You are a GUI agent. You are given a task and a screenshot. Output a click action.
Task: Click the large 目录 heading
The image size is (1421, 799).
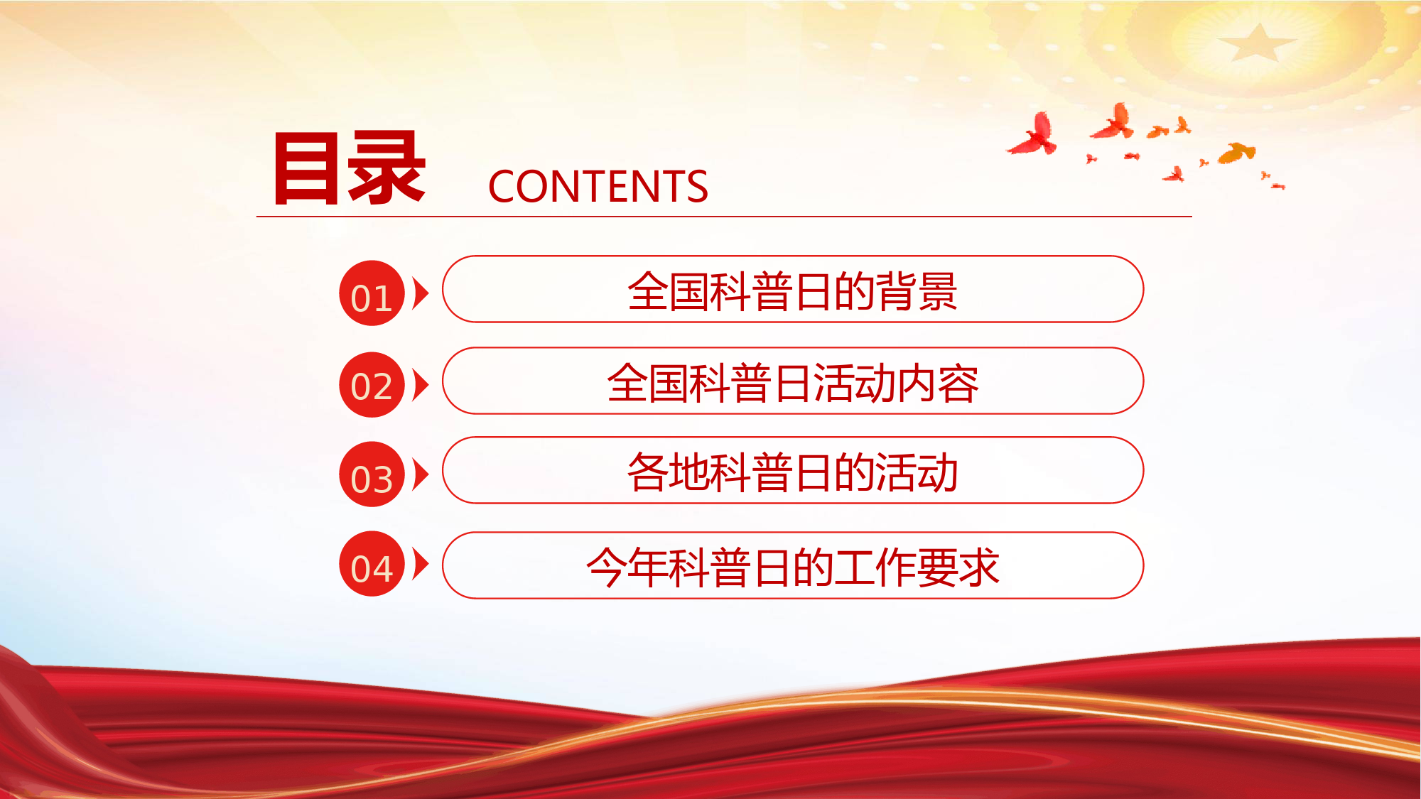tap(350, 168)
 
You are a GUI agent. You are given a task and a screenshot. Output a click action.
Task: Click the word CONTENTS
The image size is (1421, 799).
tap(598, 187)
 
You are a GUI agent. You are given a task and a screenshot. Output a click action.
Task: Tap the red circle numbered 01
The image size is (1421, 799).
tap(372, 293)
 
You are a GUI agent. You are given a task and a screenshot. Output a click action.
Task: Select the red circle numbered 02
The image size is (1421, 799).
tap(372, 384)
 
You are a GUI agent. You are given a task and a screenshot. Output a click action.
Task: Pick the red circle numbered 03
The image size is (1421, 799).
tap(372, 474)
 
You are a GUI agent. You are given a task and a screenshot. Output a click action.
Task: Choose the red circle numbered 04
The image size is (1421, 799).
tap(372, 564)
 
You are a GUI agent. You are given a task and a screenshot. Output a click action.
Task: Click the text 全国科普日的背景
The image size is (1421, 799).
tap(793, 291)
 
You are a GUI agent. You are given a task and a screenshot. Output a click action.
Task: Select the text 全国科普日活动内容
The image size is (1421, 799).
tap(793, 383)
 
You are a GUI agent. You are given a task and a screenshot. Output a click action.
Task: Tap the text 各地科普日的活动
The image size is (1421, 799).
tap(793, 472)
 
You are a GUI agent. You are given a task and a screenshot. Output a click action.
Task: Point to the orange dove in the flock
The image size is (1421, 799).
tap(1237, 153)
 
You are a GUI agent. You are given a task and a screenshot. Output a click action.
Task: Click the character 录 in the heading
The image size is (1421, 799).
tap(387, 168)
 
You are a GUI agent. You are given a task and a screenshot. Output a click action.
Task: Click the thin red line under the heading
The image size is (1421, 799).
tap(724, 216)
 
